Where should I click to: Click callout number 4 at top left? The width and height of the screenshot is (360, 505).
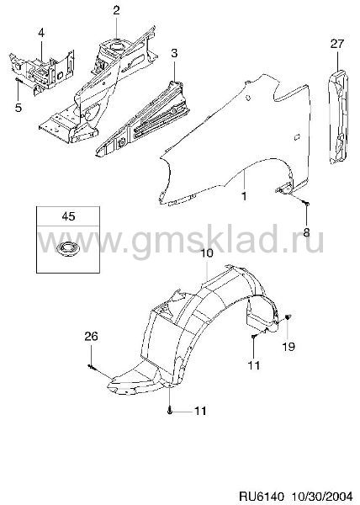tap(41, 33)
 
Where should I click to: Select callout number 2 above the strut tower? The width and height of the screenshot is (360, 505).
tap(116, 10)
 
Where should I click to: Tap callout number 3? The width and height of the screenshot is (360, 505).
tap(174, 53)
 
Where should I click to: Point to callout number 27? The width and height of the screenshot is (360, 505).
tap(336, 44)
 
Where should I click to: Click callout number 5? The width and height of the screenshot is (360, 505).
tap(19, 108)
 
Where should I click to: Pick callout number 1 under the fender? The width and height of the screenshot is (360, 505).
tap(244, 195)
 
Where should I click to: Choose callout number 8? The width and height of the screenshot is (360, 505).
tap(306, 231)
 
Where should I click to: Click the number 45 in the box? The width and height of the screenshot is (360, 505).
tap(68, 216)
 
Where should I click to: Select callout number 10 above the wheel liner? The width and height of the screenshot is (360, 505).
tap(207, 252)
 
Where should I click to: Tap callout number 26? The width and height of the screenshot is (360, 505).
tap(91, 337)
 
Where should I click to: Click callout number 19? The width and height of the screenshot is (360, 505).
tap(289, 347)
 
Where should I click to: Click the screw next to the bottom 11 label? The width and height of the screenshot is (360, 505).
tap(170, 411)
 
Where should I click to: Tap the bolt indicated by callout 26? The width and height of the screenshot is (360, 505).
tap(91, 366)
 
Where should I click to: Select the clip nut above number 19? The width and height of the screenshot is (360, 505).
tap(289, 317)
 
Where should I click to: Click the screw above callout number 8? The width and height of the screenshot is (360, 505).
tap(306, 203)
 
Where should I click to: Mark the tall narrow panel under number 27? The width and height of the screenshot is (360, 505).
tap(338, 116)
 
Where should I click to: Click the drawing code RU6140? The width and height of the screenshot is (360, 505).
tap(261, 496)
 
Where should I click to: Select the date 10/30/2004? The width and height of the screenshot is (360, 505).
tap(322, 496)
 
